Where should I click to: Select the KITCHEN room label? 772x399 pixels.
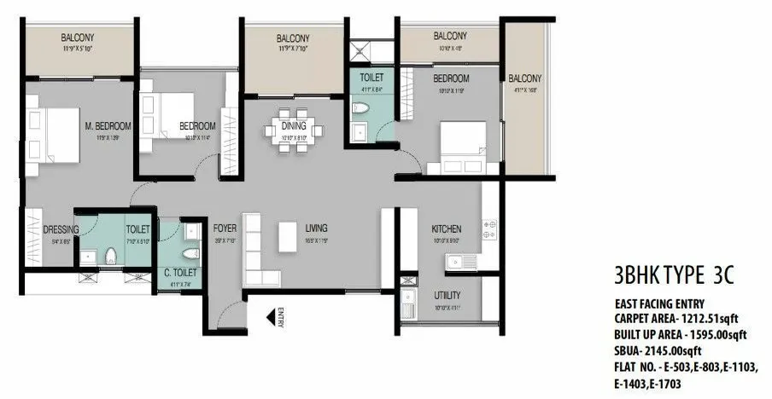[x=446, y=229]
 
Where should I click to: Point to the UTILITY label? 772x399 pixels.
[x=447, y=294]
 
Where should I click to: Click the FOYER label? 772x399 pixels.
[x=225, y=228]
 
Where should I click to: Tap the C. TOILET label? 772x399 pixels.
[x=180, y=273]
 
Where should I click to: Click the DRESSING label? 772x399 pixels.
[x=61, y=230]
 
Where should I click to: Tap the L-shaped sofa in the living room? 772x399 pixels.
[x=260, y=252]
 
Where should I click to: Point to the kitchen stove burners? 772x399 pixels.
[x=490, y=229]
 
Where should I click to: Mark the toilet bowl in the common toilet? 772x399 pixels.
[x=192, y=253]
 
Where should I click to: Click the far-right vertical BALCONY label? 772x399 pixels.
[x=525, y=79]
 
